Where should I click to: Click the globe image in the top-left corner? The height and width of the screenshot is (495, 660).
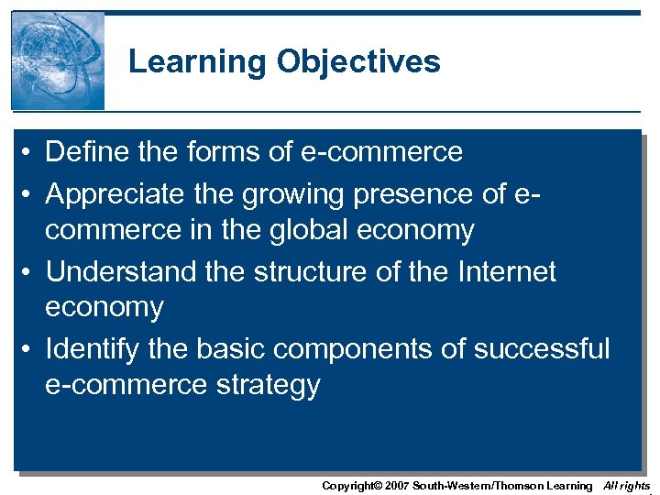pyautogui.click(x=58, y=60)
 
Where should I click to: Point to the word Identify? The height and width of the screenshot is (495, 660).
pyautogui.click(x=93, y=349)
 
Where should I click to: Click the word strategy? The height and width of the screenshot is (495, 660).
pyautogui.click(x=268, y=385)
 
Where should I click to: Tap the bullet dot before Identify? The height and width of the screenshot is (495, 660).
pyautogui.click(x=30, y=349)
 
